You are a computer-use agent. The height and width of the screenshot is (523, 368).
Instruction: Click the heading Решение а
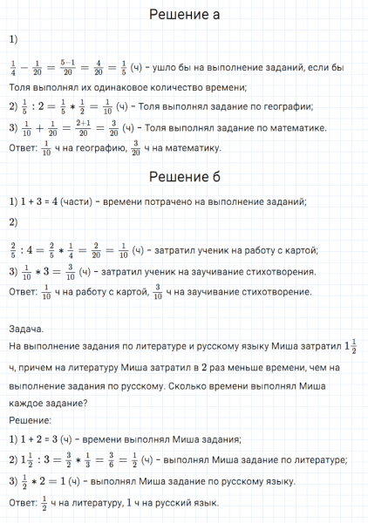pos(184,15)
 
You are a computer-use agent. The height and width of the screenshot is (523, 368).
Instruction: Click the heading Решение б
pos(184,176)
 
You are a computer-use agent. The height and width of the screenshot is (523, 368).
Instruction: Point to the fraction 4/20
pos(104,65)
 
